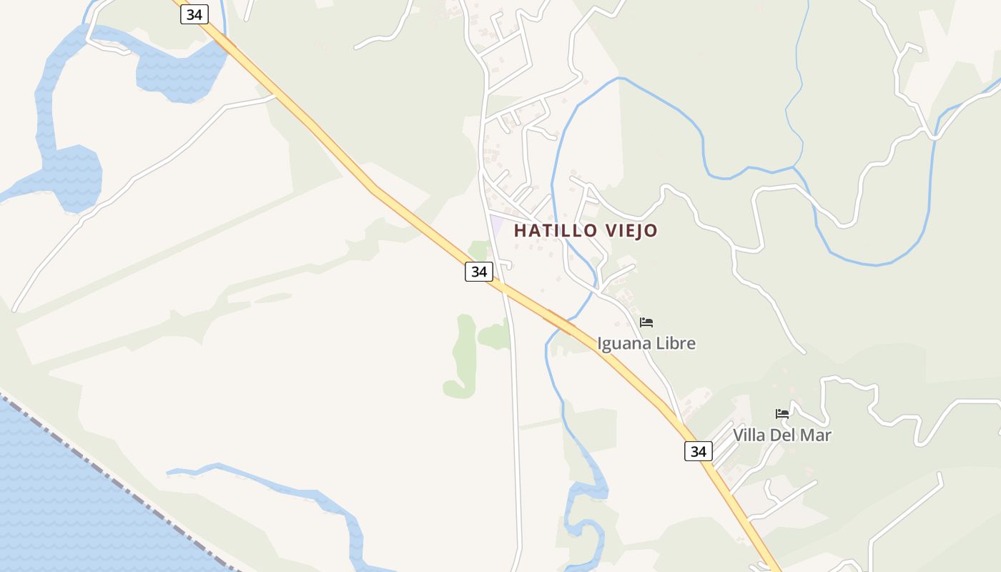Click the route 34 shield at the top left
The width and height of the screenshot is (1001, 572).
[194, 14]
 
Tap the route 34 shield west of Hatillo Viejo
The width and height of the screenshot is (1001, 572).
[478, 272]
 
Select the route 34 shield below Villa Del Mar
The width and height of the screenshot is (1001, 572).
[698, 451]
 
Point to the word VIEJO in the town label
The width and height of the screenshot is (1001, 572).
[631, 231]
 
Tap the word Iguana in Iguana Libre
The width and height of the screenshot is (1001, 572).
[623, 344]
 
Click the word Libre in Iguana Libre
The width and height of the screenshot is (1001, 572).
[674, 344]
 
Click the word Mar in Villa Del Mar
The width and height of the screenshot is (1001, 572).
[817, 435]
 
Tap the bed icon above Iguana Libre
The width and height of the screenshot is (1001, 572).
[646, 322]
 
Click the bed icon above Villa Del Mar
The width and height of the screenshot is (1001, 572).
[782, 414]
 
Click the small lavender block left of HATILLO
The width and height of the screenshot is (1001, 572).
[496, 223]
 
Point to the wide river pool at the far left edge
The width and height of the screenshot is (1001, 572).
[71, 175]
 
